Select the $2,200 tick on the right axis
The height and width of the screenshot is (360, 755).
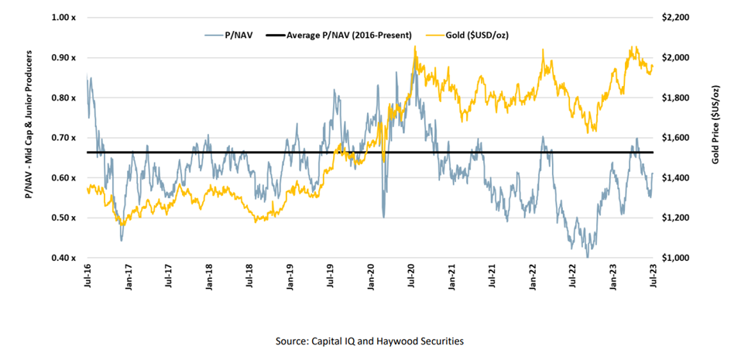[x=673, y=18]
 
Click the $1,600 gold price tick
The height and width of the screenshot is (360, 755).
[x=673, y=138]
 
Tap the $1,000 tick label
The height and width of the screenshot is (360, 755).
[x=673, y=258]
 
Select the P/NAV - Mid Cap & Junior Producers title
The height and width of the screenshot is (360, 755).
[x=29, y=124]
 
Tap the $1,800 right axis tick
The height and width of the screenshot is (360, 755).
[x=673, y=98]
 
